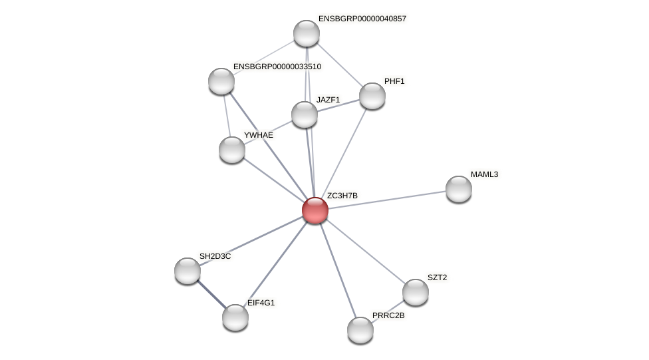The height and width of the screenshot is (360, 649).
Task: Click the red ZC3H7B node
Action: click(315, 210)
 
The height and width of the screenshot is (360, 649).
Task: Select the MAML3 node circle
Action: click(459, 189)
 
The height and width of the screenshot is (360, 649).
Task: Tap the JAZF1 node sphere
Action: click(305, 114)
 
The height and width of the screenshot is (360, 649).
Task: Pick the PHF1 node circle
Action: click(372, 96)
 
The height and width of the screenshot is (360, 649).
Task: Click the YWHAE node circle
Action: click(232, 150)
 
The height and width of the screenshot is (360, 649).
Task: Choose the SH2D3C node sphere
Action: click(188, 271)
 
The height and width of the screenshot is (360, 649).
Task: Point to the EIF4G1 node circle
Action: click(235, 317)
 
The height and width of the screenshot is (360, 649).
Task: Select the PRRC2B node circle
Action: click(360, 330)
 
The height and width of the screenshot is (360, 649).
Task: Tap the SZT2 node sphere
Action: click(416, 292)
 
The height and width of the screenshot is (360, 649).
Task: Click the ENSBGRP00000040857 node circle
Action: click(307, 33)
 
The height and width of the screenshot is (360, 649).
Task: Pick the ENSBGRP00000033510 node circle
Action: click(221, 81)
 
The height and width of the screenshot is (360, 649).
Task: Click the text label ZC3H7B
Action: click(342, 196)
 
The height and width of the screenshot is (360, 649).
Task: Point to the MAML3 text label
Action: click(484, 174)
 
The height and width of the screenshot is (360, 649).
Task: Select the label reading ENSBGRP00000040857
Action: click(362, 19)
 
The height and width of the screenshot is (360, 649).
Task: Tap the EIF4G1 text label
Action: click(261, 303)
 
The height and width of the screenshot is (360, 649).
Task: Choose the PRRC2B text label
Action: click(388, 315)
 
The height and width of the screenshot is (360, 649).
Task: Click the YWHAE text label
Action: click(258, 135)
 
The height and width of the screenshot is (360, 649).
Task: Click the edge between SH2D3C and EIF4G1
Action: click(211, 294)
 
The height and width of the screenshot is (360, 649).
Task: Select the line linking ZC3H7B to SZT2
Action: click(366, 252)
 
